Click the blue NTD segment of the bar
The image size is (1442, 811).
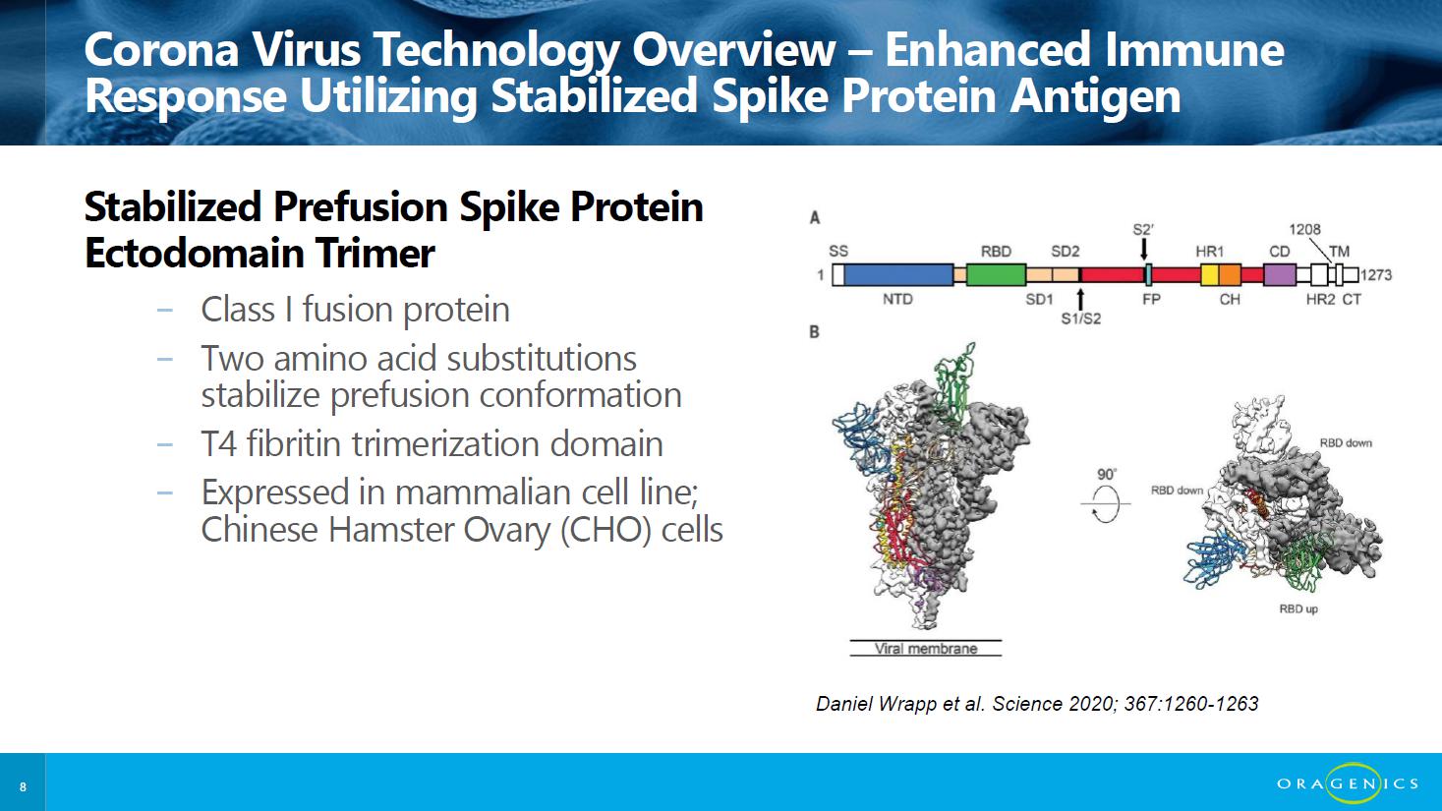[x=898, y=275]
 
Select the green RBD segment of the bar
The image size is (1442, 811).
[x=996, y=275]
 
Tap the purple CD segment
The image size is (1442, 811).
[x=1279, y=275]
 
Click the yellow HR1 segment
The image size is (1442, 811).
[x=1210, y=275]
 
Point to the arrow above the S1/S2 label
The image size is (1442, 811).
[x=1081, y=299]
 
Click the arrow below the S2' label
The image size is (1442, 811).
[x=1144, y=250]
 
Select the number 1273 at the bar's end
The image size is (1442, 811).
[x=1376, y=275]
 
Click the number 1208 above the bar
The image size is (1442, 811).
[x=1304, y=229]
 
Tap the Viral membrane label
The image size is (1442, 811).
[x=926, y=649]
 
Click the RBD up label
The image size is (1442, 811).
[x=1298, y=608]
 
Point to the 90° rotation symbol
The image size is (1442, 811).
[x=1105, y=503]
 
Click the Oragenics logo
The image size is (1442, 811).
[x=1348, y=783]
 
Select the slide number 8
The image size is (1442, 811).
[x=24, y=786]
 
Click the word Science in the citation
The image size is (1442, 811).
[x=1027, y=704]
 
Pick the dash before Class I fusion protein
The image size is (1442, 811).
[x=165, y=311]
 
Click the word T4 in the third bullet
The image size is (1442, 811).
[x=219, y=444]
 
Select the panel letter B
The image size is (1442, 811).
[x=814, y=332]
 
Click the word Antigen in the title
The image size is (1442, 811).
[x=1095, y=96]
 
